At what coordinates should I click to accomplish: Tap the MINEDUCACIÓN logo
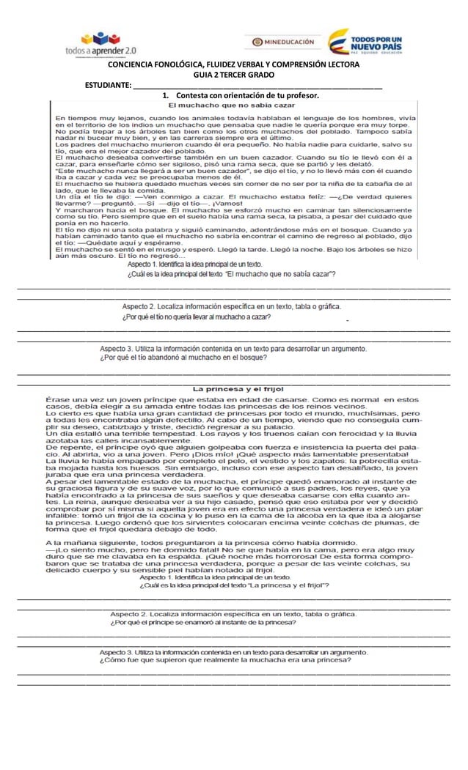(283, 42)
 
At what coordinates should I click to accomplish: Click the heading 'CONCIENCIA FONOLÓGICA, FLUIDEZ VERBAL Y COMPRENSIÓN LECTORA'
(233, 65)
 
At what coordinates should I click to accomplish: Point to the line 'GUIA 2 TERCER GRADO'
(233, 75)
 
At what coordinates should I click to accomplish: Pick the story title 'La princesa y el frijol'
(238, 388)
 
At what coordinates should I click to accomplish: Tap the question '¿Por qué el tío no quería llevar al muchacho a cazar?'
(197, 316)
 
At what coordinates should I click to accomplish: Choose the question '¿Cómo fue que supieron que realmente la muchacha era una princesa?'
(224, 659)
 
